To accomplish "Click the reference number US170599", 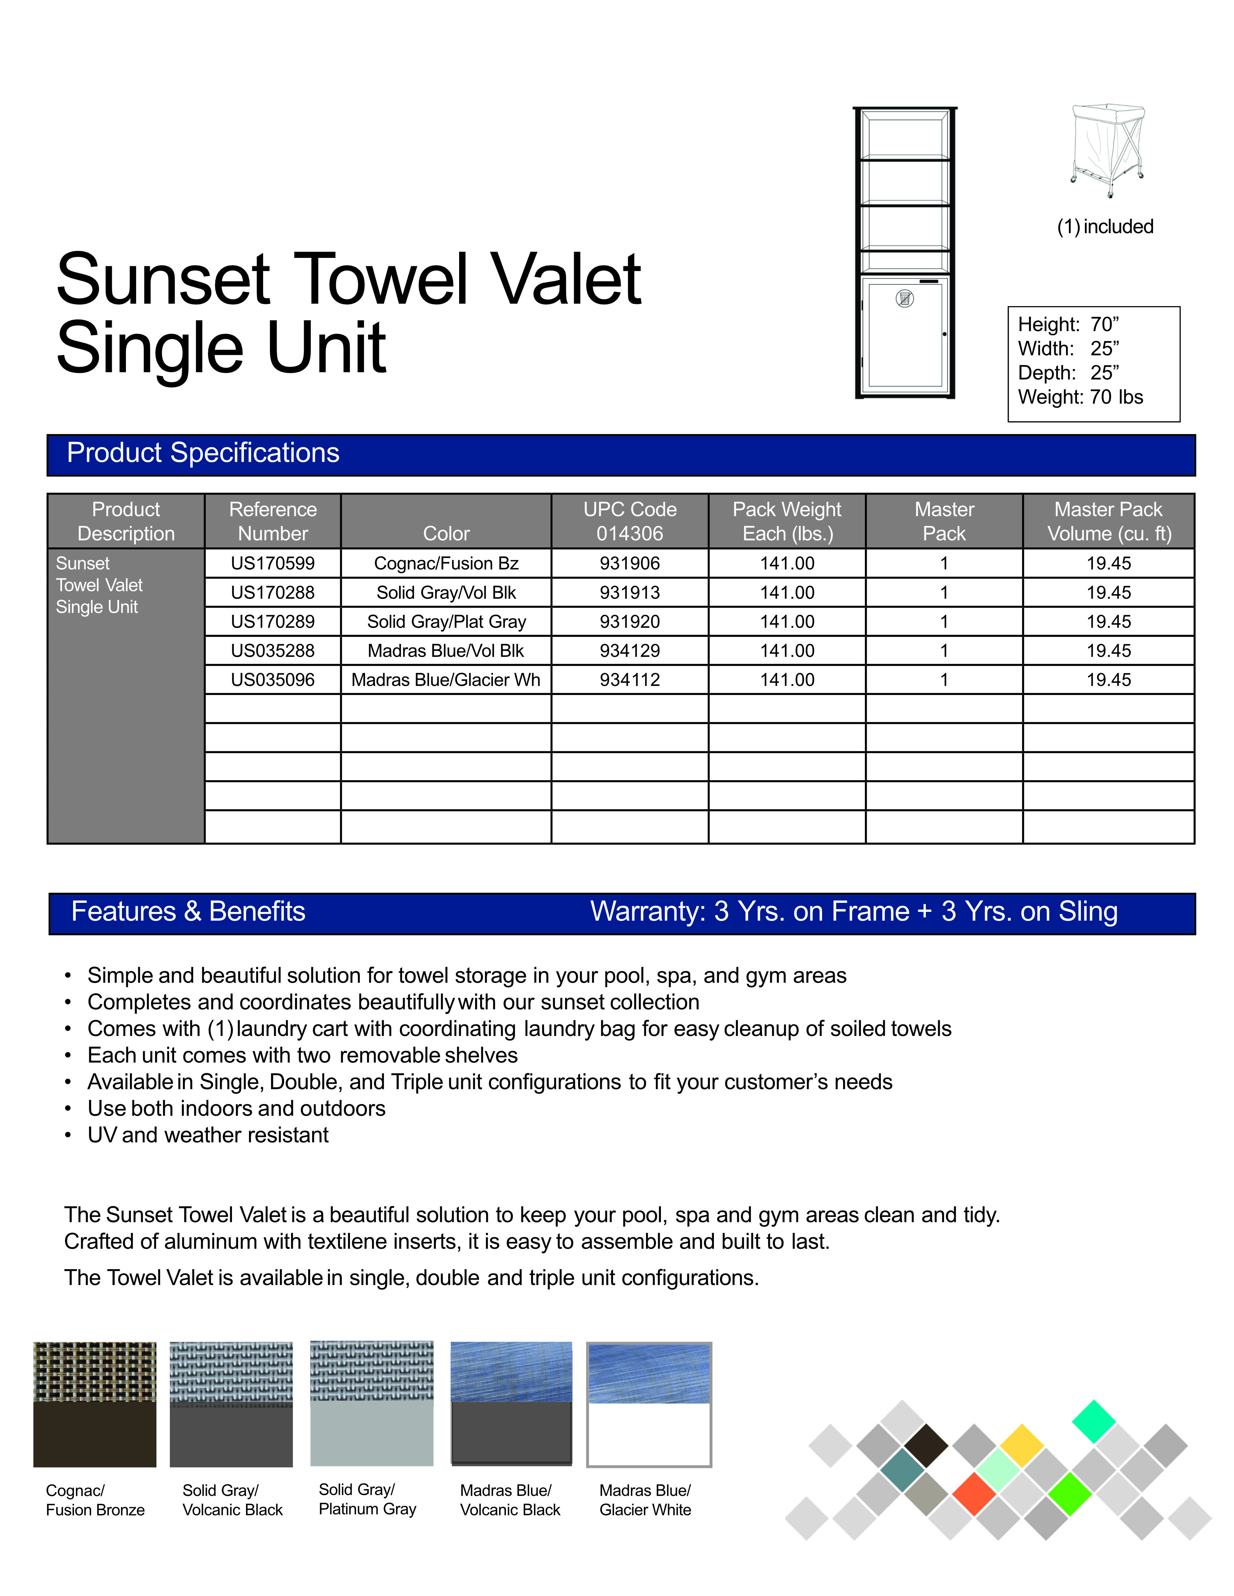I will (273, 563).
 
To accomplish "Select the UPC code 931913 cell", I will (629, 593).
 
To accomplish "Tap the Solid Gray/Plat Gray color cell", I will (446, 622).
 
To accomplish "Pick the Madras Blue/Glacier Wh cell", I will (446, 680).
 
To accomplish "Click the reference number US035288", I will (273, 650).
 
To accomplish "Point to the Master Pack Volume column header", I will (1108, 521).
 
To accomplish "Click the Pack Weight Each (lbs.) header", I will (786, 521).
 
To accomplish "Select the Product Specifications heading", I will (203, 453).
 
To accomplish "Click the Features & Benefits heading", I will (188, 911).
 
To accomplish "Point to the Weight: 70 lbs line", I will (1080, 397).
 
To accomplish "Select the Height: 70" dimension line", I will (1068, 325).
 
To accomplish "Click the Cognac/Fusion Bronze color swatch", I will (95, 1404).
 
